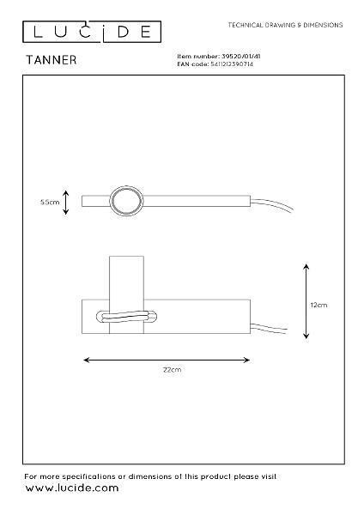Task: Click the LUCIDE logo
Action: click(x=92, y=32)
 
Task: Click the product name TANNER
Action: click(x=52, y=60)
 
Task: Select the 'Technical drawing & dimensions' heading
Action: click(x=286, y=25)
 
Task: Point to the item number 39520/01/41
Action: click(x=241, y=57)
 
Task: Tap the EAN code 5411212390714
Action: click(x=232, y=64)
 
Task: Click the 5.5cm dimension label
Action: click(x=50, y=202)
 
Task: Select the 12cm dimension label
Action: click(x=318, y=305)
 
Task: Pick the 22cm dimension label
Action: click(x=172, y=369)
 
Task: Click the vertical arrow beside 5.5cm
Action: click(x=66, y=203)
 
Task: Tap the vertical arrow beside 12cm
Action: click(x=306, y=301)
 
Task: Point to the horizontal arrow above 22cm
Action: click(x=167, y=360)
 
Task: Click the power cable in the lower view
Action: click(x=269, y=328)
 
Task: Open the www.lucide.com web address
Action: click(x=72, y=488)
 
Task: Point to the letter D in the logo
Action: click(x=124, y=32)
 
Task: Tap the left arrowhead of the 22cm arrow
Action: click(x=86, y=360)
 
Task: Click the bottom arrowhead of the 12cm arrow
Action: click(x=306, y=336)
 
